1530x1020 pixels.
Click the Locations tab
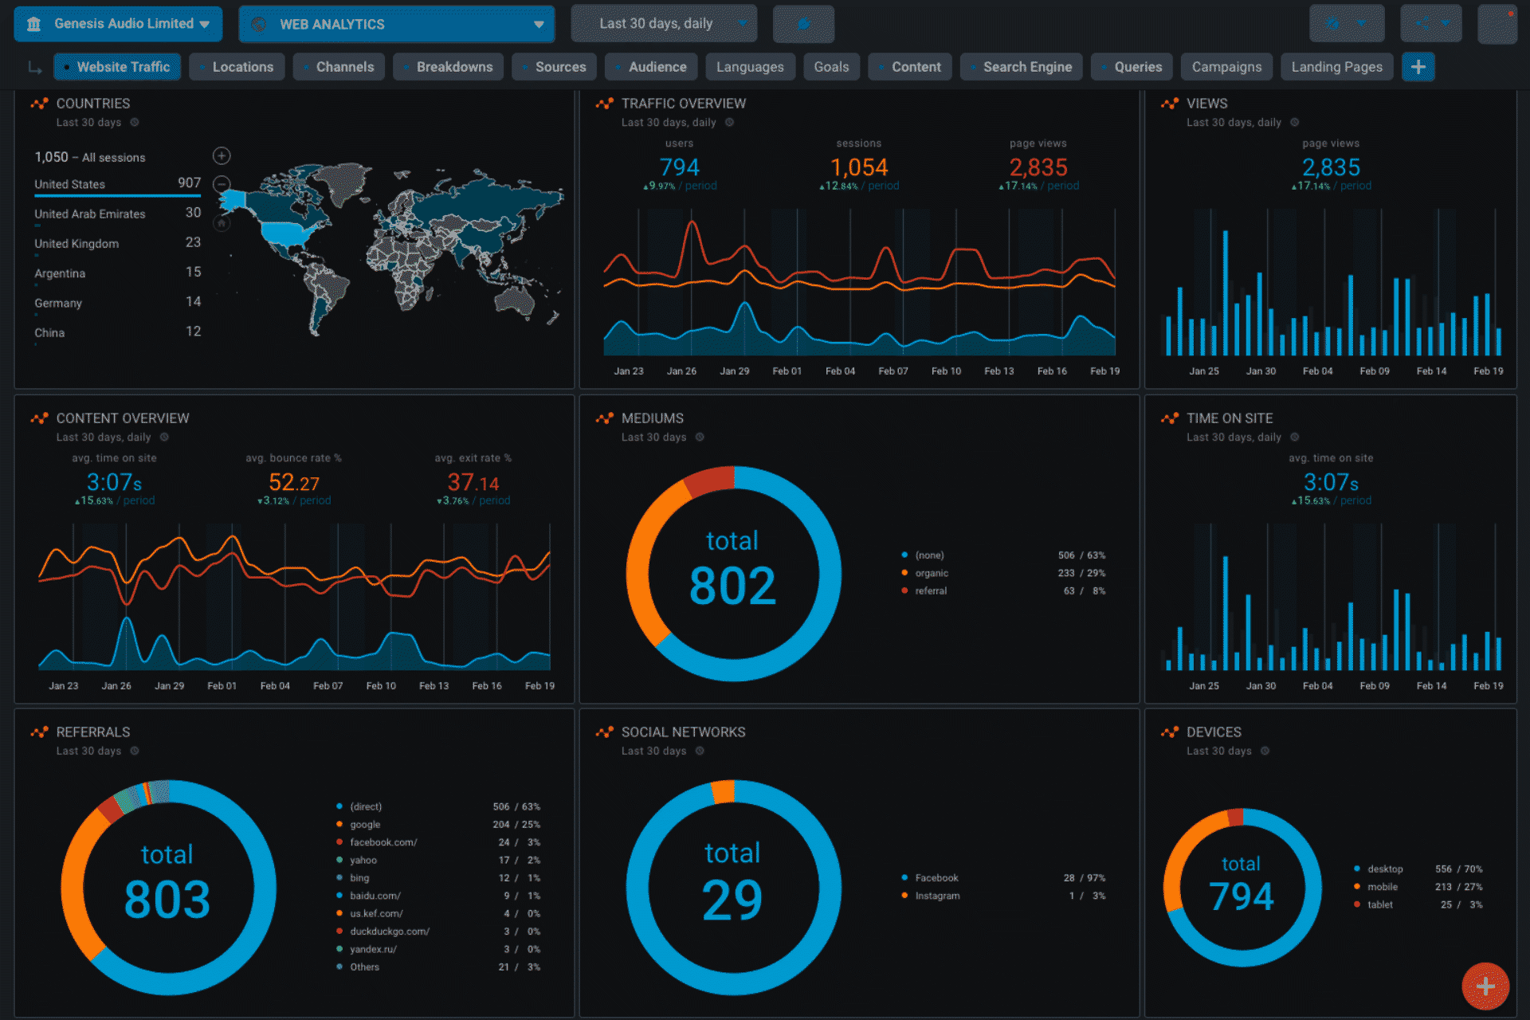[x=242, y=67]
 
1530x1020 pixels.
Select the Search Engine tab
[x=1026, y=67]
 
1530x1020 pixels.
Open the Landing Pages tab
[x=1336, y=67]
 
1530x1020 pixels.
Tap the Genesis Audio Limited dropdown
[x=118, y=24]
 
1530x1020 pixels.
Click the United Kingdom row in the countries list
[x=76, y=244]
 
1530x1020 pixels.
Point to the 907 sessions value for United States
[x=189, y=183]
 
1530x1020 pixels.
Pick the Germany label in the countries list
[x=58, y=303]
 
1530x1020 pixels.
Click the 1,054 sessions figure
[x=858, y=167]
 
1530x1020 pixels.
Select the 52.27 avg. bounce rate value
[x=293, y=483]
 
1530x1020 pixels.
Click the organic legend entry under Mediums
[x=932, y=573]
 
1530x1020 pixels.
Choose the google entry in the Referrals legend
[x=365, y=825]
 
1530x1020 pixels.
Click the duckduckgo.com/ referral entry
[x=389, y=932]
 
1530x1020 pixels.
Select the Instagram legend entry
[x=937, y=896]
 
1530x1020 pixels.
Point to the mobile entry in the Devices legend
[x=1383, y=887]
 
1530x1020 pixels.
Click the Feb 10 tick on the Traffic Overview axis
[x=946, y=371]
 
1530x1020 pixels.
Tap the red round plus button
[x=1485, y=987]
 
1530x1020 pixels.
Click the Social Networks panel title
[x=683, y=732]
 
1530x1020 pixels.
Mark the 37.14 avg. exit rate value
[x=473, y=483]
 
